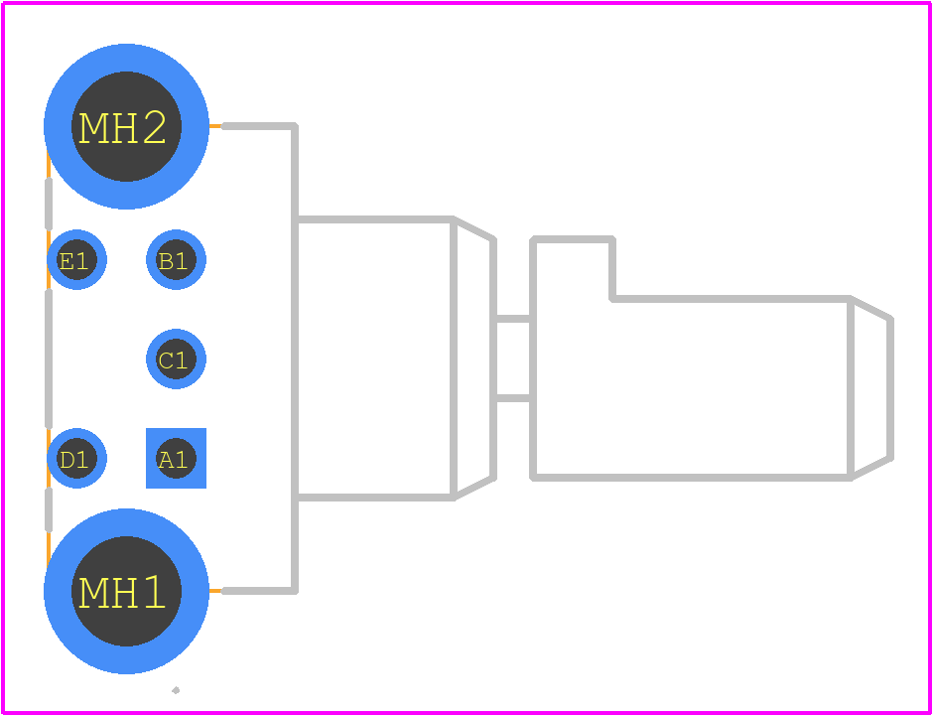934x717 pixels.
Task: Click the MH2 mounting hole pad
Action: [x=126, y=126]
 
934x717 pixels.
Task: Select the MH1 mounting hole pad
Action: [x=126, y=591]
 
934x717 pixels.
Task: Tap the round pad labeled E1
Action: [x=76, y=259]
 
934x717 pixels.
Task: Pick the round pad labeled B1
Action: [x=177, y=259]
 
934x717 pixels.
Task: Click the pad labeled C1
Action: [x=177, y=358]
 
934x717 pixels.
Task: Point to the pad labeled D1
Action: [x=76, y=458]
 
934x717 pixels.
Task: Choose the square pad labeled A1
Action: [x=177, y=458]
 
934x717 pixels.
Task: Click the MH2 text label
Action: [x=122, y=128]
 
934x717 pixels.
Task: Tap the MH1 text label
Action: [x=122, y=593]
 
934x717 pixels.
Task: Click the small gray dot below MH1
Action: [x=176, y=690]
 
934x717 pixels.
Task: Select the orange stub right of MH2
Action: [x=215, y=126]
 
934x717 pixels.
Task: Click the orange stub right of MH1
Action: [x=215, y=591]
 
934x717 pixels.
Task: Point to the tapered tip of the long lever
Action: [x=870, y=388]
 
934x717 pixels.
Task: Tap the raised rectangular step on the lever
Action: [x=573, y=268]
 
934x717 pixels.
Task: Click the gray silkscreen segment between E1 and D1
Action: [x=49, y=358]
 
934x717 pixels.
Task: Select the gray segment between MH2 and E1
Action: [x=49, y=204]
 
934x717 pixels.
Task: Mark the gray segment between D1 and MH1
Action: [x=49, y=509]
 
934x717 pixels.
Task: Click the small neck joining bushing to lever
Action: [x=513, y=358]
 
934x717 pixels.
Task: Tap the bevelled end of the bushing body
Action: [x=473, y=358]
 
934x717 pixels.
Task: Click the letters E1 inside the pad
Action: [x=73, y=261]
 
